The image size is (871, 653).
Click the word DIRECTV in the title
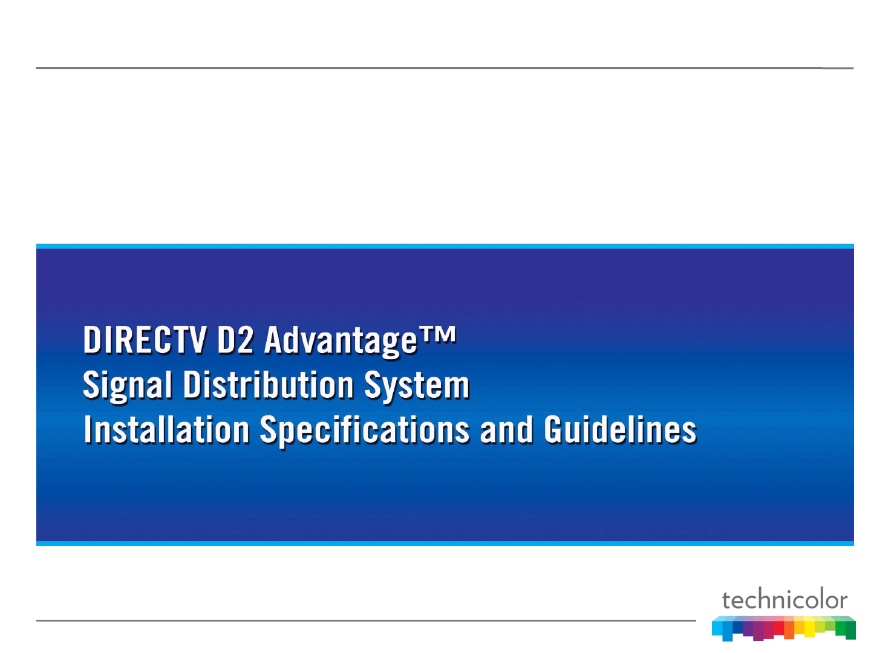[x=145, y=339]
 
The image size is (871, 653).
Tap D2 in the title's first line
[x=235, y=339]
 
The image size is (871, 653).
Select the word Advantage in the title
[x=341, y=341]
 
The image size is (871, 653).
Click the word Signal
[x=128, y=385]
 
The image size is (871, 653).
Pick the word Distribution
[x=268, y=384]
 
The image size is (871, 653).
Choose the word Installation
[x=166, y=429]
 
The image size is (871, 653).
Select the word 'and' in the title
[x=506, y=429]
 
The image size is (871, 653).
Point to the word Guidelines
[x=620, y=429]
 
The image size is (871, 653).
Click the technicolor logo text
[x=784, y=599]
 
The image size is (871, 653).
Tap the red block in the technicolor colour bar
[x=778, y=628]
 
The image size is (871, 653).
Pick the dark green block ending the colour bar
[x=850, y=629]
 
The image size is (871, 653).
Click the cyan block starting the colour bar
[x=717, y=628]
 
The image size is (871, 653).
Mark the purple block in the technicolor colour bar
[x=748, y=628]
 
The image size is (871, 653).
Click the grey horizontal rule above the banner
[x=445, y=68]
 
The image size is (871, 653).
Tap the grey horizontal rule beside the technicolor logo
[x=366, y=620]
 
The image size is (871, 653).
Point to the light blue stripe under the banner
[x=445, y=543]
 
